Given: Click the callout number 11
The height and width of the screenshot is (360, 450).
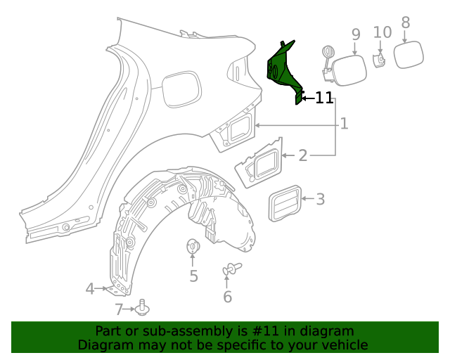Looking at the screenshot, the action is tap(324, 98).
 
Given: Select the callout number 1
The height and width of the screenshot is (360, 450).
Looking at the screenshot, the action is tap(344, 124).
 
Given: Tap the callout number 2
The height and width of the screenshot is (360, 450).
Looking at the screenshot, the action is tap(302, 155).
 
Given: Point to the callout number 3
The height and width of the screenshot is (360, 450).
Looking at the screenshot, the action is tap(320, 199).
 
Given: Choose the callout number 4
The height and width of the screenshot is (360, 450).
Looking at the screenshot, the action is tap(90, 288).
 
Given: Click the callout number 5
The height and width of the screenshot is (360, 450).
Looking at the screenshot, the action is tap(193, 276).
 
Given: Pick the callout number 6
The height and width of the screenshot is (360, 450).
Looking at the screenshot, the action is tap(227, 297).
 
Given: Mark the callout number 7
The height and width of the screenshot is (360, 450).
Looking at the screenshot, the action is tap(120, 309).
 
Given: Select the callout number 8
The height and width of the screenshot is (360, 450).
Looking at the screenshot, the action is tap(405, 22).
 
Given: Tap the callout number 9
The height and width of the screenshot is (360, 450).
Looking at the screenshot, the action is tap(355, 34).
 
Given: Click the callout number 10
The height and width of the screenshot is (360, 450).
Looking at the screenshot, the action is tap(382, 32).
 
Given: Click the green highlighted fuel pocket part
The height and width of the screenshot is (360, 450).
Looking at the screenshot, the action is tap(285, 70).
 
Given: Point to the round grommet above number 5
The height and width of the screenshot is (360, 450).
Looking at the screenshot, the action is tap(193, 247).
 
